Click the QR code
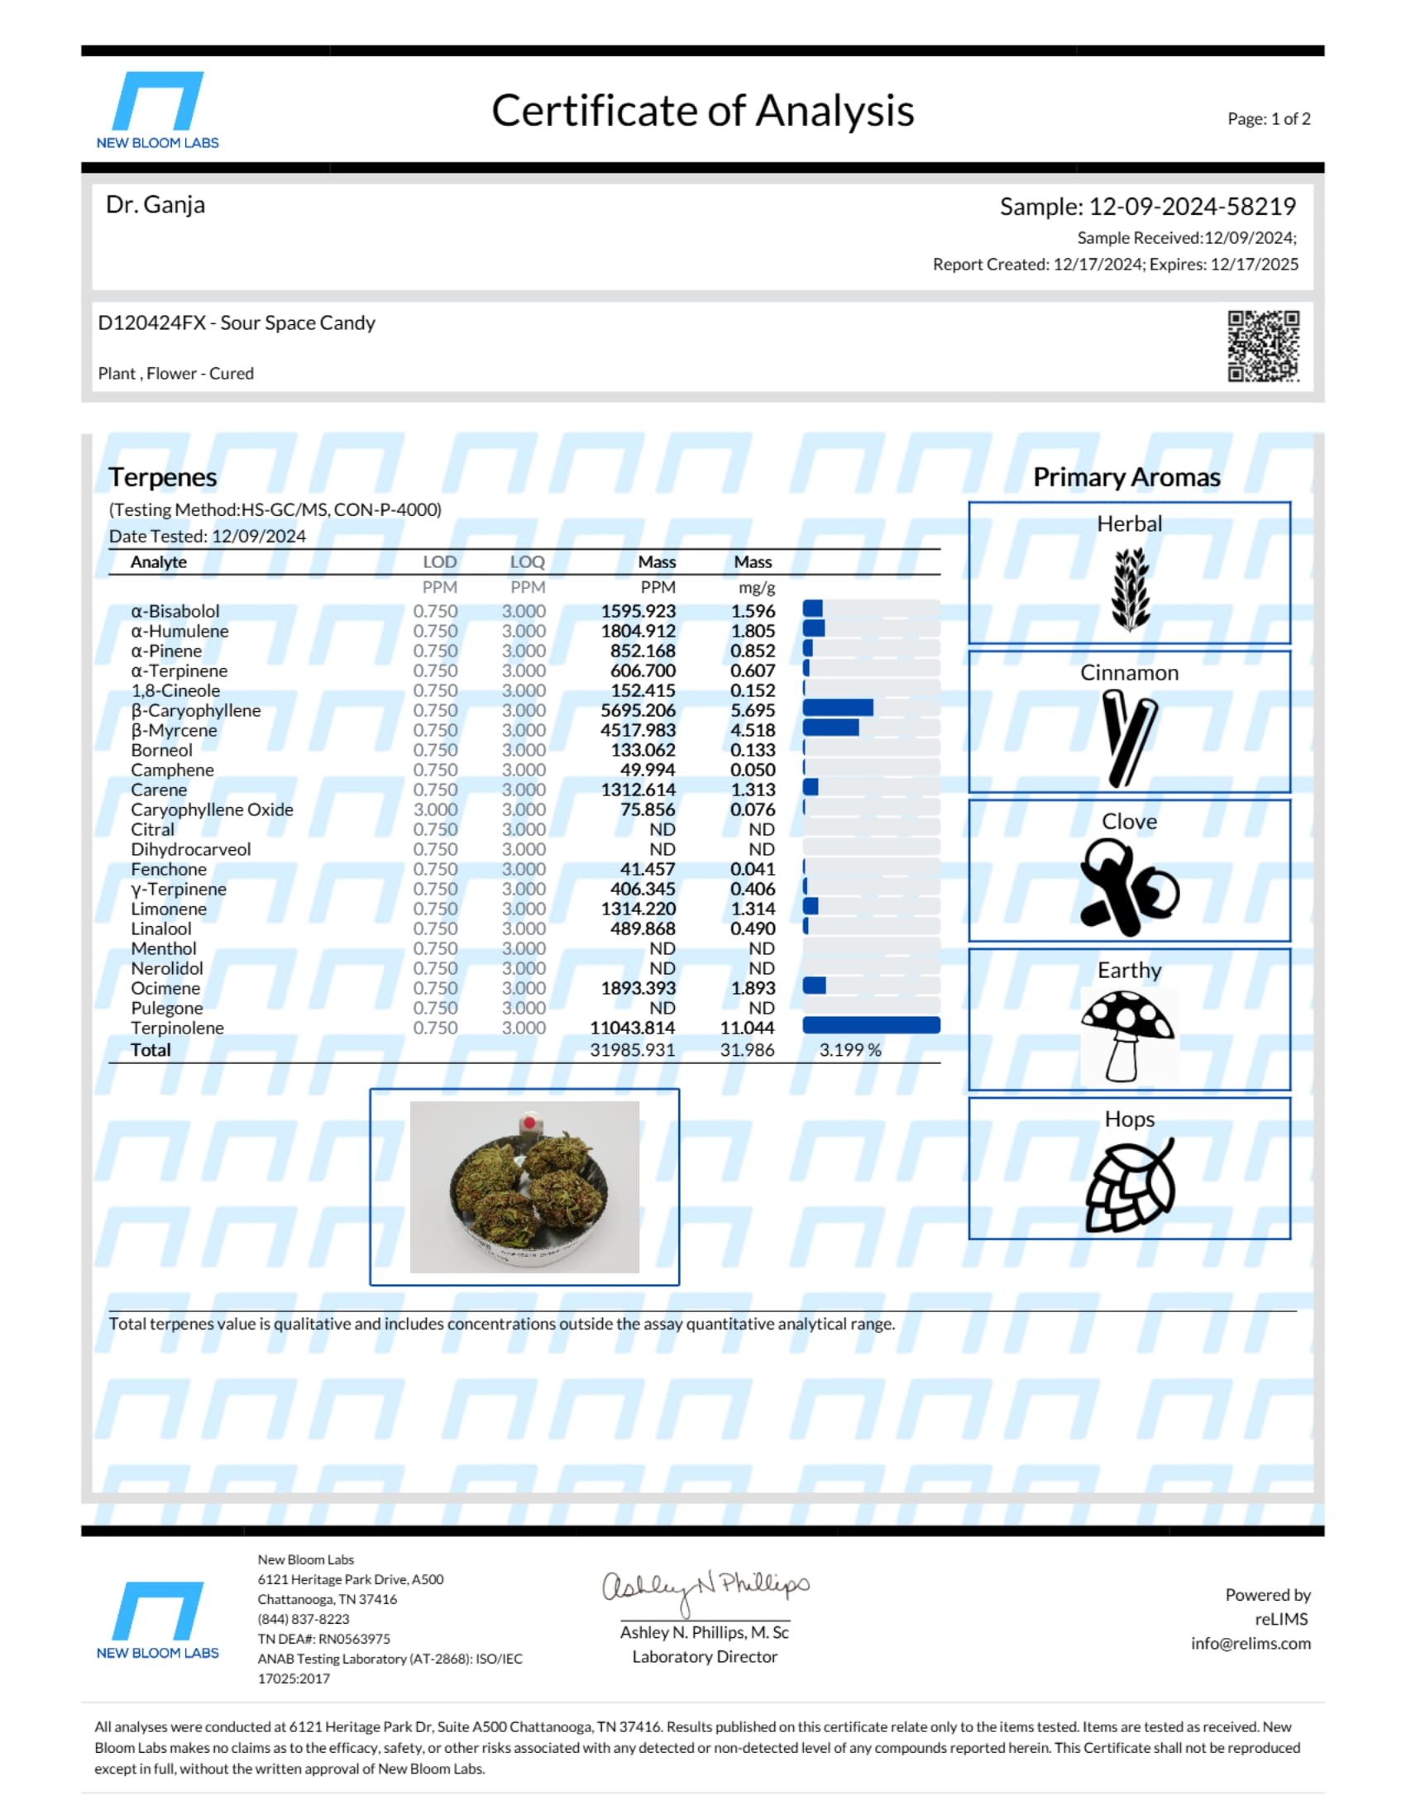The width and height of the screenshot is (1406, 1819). pyautogui.click(x=1263, y=346)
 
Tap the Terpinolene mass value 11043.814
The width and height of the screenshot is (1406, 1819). pyautogui.click(x=632, y=1028)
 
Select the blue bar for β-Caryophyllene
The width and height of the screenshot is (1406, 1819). pyautogui.click(x=838, y=709)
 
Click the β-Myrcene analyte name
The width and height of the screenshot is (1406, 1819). pyautogui.click(x=174, y=730)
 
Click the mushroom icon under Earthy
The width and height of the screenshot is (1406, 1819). pyautogui.click(x=1129, y=1034)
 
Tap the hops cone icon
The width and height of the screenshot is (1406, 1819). pyautogui.click(x=1131, y=1185)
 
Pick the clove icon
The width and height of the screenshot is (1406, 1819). pyautogui.click(x=1129, y=886)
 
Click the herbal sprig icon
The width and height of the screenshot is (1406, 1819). pyautogui.click(x=1131, y=589)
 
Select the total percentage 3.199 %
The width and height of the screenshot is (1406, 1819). pyautogui.click(x=849, y=1050)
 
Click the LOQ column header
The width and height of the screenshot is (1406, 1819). pyautogui.click(x=528, y=562)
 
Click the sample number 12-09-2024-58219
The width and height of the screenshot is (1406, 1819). pyautogui.click(x=1192, y=207)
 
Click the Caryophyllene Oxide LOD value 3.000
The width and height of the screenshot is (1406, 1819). pyautogui.click(x=435, y=809)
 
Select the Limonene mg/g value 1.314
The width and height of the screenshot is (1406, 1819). pyautogui.click(x=752, y=909)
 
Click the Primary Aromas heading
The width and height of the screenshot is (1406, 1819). pyautogui.click(x=1126, y=477)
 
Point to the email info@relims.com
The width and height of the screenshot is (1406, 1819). pyautogui.click(x=1251, y=1643)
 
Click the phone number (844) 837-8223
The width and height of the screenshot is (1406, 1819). pyautogui.click(x=304, y=1619)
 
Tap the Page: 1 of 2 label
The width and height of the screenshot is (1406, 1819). pyautogui.click(x=1268, y=119)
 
